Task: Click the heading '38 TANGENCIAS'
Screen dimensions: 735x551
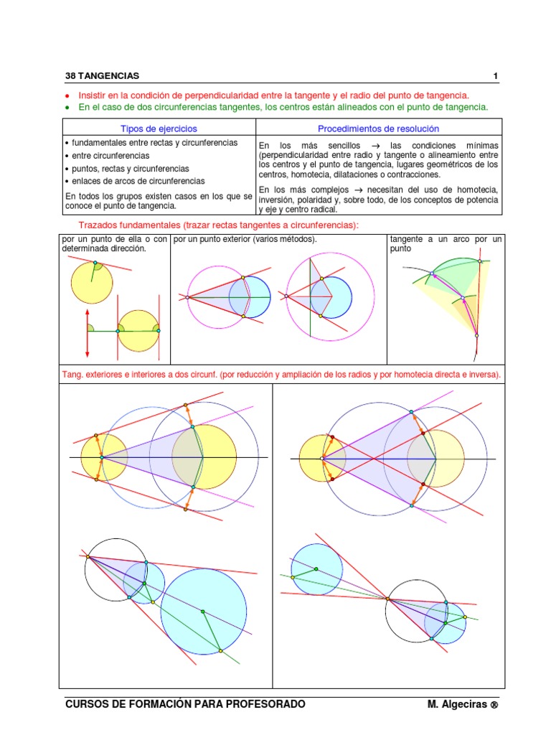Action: pyautogui.click(x=103, y=75)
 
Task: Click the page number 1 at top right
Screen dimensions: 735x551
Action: pyautogui.click(x=495, y=75)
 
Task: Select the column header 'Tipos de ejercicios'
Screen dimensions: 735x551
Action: pyautogui.click(x=156, y=128)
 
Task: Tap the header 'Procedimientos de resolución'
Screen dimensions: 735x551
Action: pyautogui.click(x=379, y=128)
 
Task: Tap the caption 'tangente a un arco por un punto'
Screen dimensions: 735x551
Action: pyautogui.click(x=446, y=243)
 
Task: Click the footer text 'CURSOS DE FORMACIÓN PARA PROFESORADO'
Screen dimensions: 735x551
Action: pyautogui.click(x=185, y=704)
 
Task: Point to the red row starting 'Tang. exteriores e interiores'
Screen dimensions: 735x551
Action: pyautogui.click(x=281, y=375)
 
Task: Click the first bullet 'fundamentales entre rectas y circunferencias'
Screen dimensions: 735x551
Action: pyautogui.click(x=154, y=142)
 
